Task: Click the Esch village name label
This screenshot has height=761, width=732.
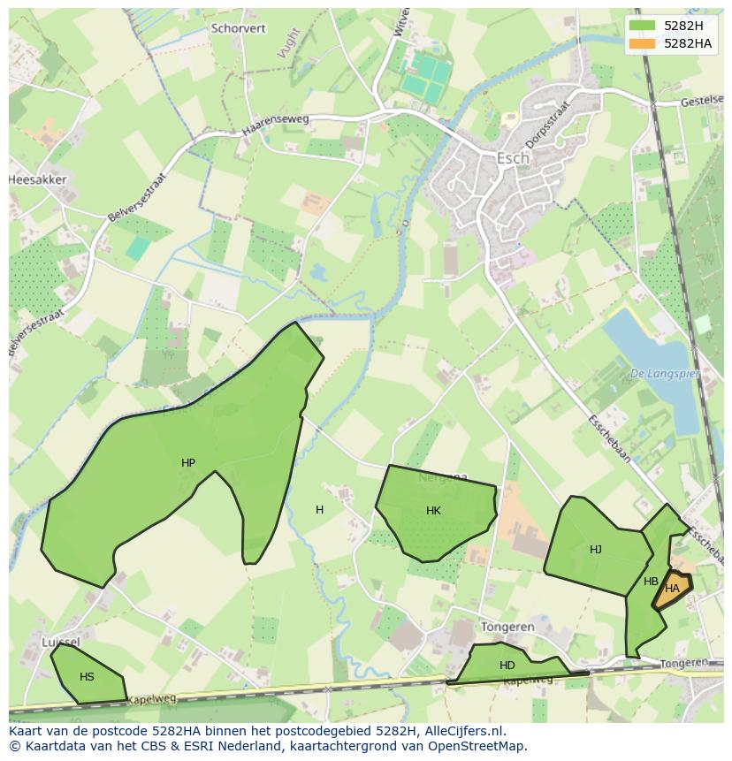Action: [513, 158]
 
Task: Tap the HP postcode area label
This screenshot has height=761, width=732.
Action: [188, 462]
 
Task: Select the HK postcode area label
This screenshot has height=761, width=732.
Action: [433, 510]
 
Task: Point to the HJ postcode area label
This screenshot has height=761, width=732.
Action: [596, 549]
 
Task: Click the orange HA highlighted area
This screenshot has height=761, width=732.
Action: [673, 589]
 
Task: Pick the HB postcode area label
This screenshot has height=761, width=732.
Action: [651, 581]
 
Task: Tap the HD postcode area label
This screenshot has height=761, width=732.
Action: [507, 665]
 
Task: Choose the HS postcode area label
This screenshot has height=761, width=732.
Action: [87, 676]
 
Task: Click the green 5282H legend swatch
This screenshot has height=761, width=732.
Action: [643, 25]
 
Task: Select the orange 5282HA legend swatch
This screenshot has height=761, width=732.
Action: [643, 42]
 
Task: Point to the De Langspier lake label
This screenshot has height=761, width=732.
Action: [664, 374]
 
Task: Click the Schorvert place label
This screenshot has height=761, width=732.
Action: [239, 28]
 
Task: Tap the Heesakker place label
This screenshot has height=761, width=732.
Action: [37, 179]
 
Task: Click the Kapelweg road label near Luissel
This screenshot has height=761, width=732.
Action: [151, 699]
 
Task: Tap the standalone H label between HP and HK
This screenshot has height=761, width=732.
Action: [319, 509]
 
